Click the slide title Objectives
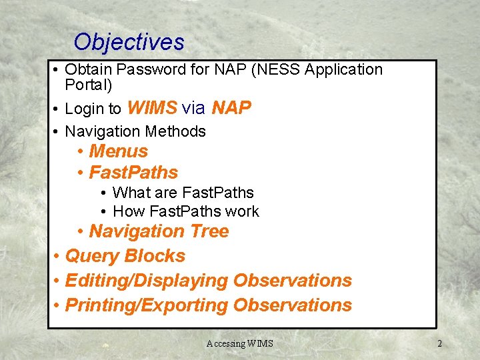pyautogui.click(x=129, y=42)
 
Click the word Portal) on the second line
pyautogui.click(x=89, y=85)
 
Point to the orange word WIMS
pyautogui.click(x=151, y=108)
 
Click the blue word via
pyautogui.click(x=193, y=108)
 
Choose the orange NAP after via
pyautogui.click(x=231, y=108)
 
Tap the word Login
pyautogui.click(x=85, y=109)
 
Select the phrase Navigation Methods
pyautogui.click(x=135, y=131)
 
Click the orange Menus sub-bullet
pyautogui.click(x=118, y=151)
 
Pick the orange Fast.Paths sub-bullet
pyautogui.click(x=133, y=173)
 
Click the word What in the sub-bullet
pyautogui.click(x=129, y=193)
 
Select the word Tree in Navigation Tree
pyautogui.click(x=208, y=231)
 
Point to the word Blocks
pyautogui.click(x=155, y=256)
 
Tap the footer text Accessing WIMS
pyautogui.click(x=239, y=343)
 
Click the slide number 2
pyautogui.click(x=439, y=343)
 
